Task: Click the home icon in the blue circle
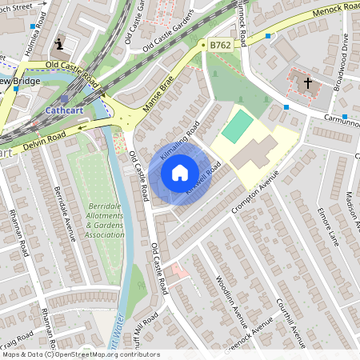[180, 172]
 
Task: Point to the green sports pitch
[236, 127]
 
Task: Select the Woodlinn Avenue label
[231, 301]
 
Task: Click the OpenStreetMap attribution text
[80, 354]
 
